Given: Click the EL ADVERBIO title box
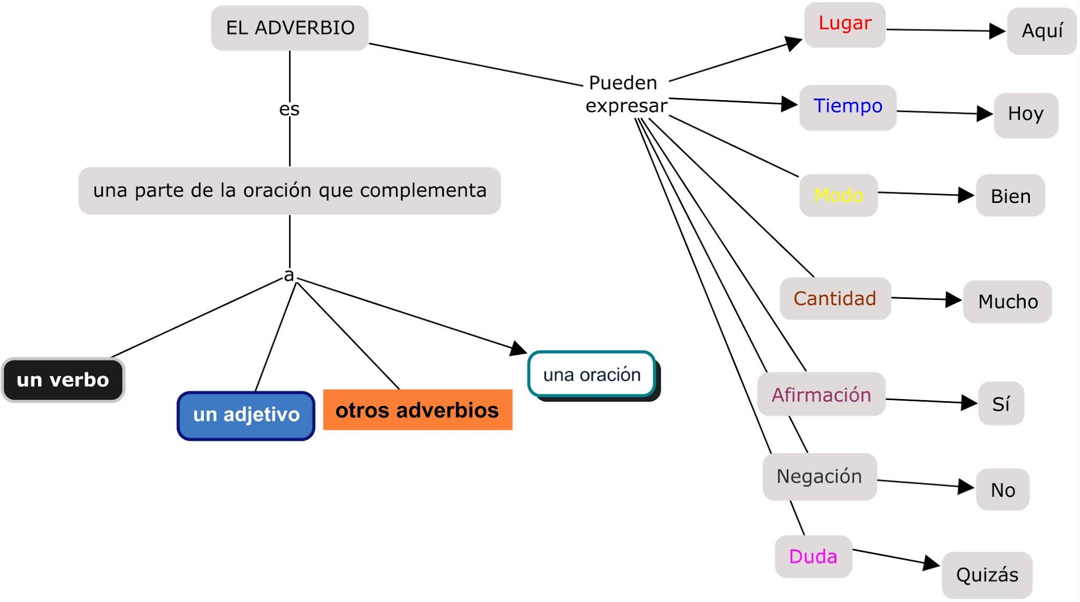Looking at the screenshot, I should [x=290, y=28].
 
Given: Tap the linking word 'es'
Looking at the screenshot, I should [x=289, y=109].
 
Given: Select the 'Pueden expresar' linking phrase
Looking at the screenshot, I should [x=625, y=94].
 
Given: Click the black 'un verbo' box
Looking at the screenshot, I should [x=63, y=380].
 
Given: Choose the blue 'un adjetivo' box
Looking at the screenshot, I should [x=246, y=415].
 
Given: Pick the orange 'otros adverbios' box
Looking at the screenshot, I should [x=417, y=410].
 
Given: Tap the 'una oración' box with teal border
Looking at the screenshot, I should [x=592, y=374].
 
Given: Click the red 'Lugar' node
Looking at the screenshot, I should [x=845, y=24].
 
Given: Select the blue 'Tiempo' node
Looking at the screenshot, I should [x=847, y=106].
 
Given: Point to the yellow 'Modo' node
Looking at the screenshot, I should [x=838, y=196].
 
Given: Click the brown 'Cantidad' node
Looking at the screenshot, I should [x=835, y=298].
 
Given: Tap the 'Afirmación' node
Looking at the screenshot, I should [x=821, y=394].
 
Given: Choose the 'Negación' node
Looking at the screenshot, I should [x=819, y=477].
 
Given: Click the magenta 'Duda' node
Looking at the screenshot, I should [x=813, y=557].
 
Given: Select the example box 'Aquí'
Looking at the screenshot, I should [x=1042, y=31].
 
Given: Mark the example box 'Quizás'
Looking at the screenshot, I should [x=987, y=575].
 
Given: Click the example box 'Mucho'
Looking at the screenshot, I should [x=1008, y=302].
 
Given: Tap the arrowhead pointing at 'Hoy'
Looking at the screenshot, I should [x=985, y=113].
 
